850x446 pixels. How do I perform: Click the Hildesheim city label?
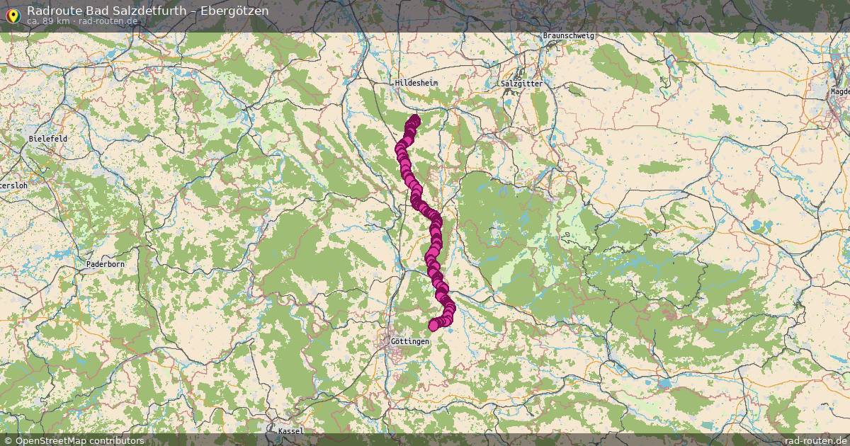click(x=416, y=83)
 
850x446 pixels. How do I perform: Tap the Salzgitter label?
click(x=521, y=84)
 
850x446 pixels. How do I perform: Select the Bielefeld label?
click(x=48, y=139)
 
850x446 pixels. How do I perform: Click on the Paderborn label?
click(x=105, y=264)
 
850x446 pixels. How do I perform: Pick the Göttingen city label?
click(x=410, y=341)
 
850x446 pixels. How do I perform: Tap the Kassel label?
click(x=290, y=431)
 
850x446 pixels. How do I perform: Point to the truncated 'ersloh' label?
click(x=13, y=185)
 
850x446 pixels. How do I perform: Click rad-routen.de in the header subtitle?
click(x=108, y=21)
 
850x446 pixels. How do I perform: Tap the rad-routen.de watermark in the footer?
click(x=816, y=440)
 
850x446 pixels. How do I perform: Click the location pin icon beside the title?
click(x=12, y=14)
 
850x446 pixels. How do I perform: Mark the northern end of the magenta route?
click(x=414, y=120)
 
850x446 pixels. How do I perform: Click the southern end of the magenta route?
click(x=434, y=325)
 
